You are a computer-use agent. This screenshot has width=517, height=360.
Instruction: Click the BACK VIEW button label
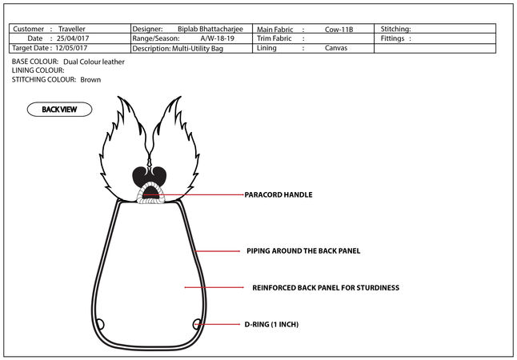point(59,110)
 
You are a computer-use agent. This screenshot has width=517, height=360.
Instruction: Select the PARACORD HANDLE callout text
point(278,194)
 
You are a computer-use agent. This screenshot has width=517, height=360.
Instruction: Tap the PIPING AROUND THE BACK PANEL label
point(303,251)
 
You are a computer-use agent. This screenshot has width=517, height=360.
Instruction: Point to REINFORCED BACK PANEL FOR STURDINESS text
point(325,287)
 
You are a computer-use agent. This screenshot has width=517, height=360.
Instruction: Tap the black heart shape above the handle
point(149,176)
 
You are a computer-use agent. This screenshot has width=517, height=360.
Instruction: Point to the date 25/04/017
point(71,38)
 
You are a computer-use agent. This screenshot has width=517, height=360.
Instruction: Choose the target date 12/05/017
point(71,48)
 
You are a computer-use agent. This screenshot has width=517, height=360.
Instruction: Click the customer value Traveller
point(72,29)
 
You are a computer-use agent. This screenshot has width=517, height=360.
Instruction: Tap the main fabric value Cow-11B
point(339,29)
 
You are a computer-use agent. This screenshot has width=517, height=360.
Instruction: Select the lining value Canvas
point(336,48)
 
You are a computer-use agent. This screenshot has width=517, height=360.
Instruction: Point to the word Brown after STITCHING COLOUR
point(90,80)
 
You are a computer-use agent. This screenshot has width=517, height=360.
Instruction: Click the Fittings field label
point(397,38)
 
